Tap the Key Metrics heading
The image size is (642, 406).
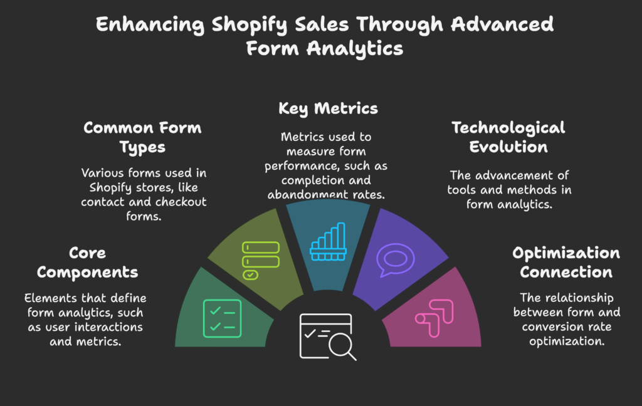coord(328,109)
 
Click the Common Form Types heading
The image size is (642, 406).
coord(142,137)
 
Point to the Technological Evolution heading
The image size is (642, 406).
coord(508,137)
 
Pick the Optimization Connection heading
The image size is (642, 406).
coord(566,263)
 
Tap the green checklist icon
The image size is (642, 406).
coord(222,318)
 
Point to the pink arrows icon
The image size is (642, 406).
coord(433,318)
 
